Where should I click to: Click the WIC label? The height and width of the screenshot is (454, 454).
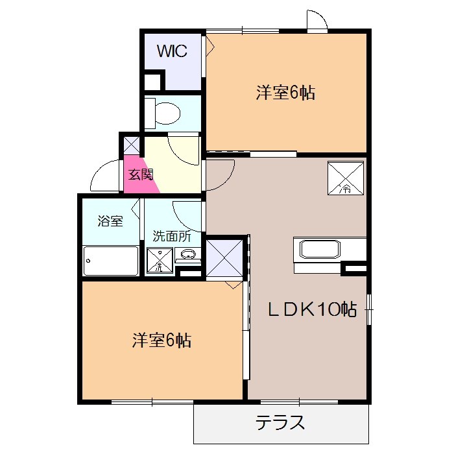pos(172,51)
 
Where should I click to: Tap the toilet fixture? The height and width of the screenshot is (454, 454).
pos(163,113)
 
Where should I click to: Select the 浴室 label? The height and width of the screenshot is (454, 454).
pos(110,221)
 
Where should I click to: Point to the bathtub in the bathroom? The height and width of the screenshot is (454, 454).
pos(111,261)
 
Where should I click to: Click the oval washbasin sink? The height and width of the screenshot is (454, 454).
pos(188,254)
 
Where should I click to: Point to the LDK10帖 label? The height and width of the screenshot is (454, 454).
pos(312,310)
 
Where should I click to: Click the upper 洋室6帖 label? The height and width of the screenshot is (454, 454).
pos(285,93)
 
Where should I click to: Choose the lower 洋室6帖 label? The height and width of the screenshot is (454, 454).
pos(161,340)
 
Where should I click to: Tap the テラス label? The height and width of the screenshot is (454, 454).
pos(280,424)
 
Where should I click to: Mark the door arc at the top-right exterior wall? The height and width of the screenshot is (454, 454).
pos(317,20)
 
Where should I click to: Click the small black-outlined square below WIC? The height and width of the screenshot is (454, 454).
pos(152,82)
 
